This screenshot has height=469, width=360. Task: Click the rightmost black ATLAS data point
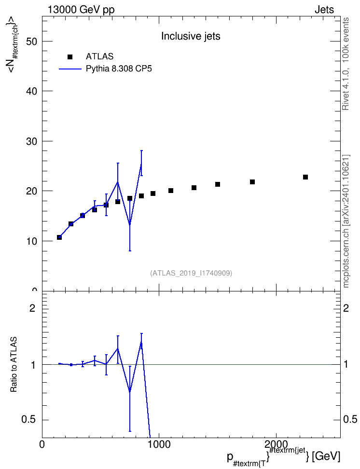[x=305, y=177]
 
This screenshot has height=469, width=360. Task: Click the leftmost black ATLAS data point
[x=59, y=237]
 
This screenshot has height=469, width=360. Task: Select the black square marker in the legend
[x=70, y=56]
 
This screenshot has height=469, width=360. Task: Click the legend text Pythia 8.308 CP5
[x=119, y=69]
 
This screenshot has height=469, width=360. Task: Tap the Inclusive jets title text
[x=191, y=36]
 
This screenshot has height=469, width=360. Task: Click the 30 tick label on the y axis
[x=31, y=141]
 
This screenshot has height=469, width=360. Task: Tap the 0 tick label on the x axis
[x=42, y=444]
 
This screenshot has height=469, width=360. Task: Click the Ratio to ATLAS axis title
[x=14, y=364]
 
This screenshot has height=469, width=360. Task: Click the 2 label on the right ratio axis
[x=346, y=308]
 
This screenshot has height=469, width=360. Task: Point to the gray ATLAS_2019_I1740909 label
[x=191, y=273]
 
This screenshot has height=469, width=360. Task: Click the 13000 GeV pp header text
[x=81, y=10]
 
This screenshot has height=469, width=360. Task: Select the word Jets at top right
[x=324, y=10]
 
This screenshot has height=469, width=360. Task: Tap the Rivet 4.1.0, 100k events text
[x=346, y=64]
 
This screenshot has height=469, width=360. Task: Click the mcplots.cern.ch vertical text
[x=346, y=221]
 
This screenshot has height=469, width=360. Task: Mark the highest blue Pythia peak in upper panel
[x=141, y=164]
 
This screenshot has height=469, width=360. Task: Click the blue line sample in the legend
[x=70, y=69]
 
